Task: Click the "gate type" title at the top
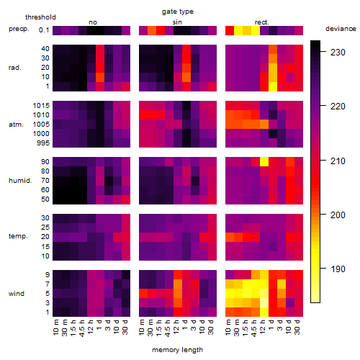pos(178,12)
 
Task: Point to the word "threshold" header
pos(40,17)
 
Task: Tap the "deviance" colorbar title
pos(341,29)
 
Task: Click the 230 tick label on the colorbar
pos(338,52)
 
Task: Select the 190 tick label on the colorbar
pos(338,269)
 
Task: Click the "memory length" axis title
pos(177,350)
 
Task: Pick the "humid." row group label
pos(20,181)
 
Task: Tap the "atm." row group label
pos(16,125)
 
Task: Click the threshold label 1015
pos(41,106)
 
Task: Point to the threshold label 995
pos(43,143)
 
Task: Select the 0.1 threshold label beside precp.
pos(44,30)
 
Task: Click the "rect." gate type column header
pos(262,22)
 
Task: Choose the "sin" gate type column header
pos(177,22)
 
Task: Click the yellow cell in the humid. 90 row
pos(264,162)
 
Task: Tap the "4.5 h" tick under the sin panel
pos(168,328)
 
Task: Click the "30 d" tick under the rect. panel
pos(297,327)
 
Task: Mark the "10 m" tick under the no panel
pos(56,327)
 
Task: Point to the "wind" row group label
pos(17,294)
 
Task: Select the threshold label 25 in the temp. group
pos(45,228)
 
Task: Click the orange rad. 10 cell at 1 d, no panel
pos(100,77)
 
